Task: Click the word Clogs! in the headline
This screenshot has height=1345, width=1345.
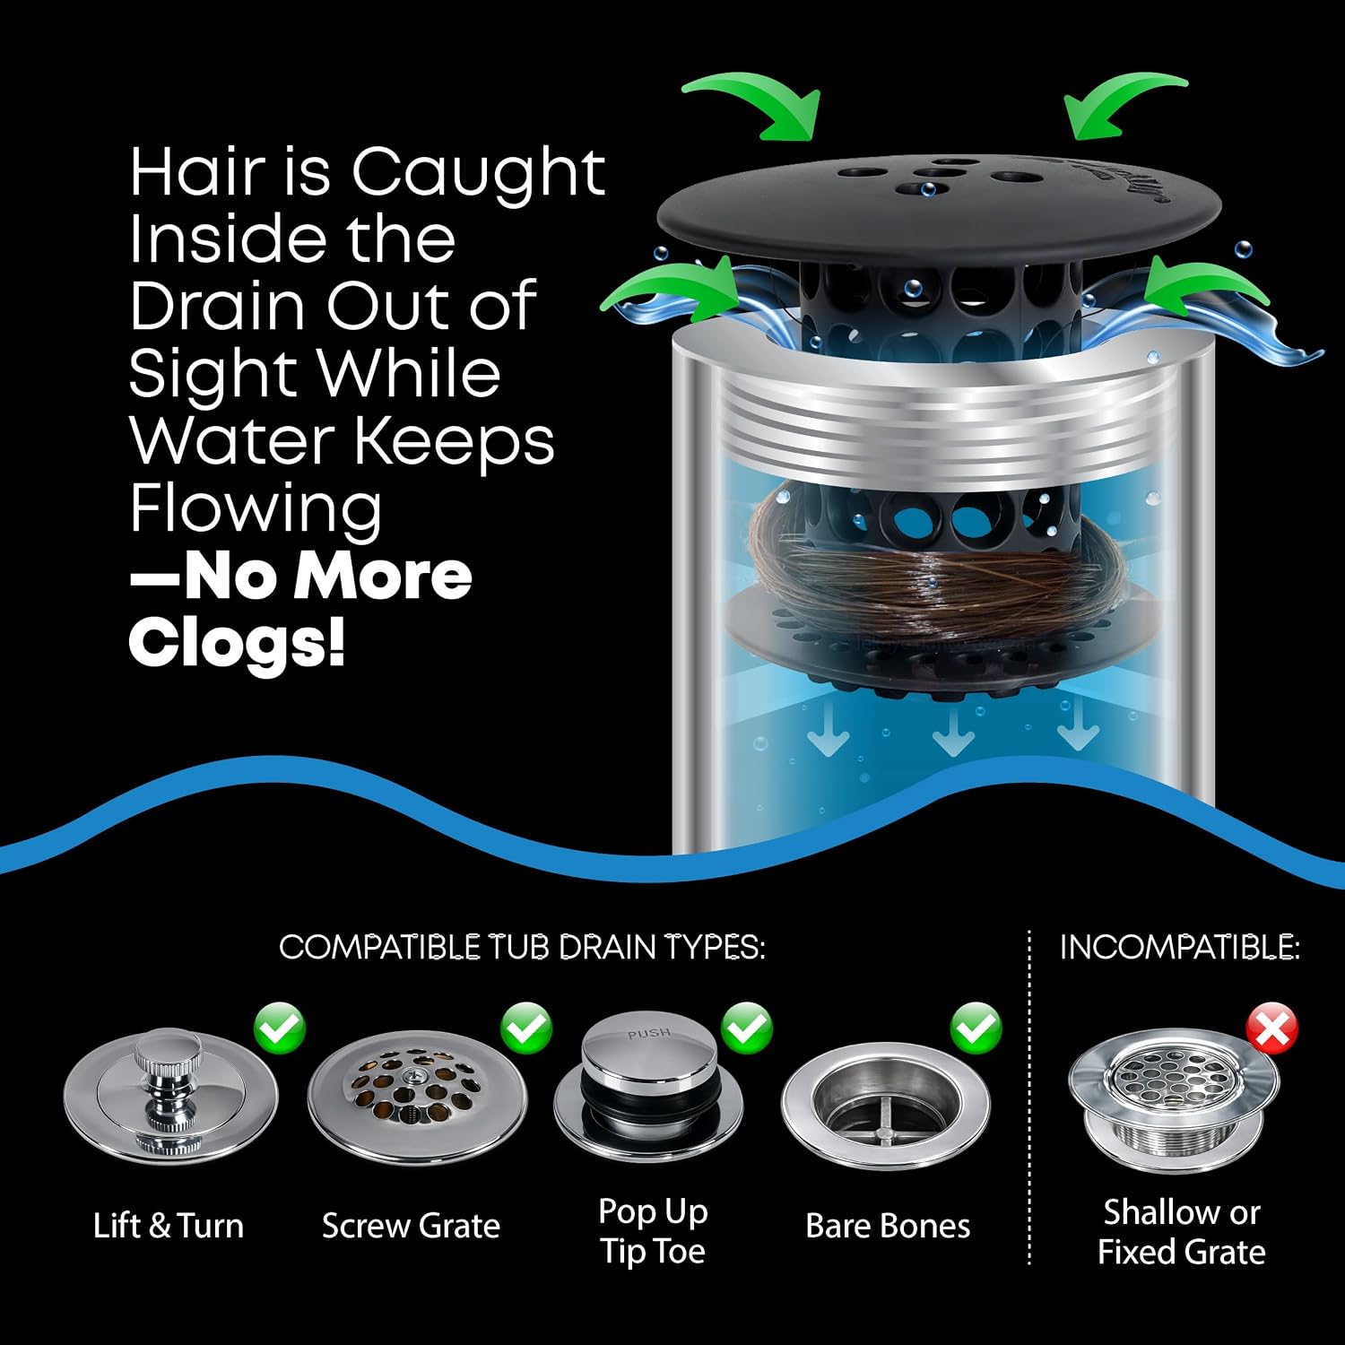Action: (x=237, y=642)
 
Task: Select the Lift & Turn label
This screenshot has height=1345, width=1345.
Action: (x=169, y=1226)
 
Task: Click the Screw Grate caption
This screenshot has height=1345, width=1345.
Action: (x=411, y=1226)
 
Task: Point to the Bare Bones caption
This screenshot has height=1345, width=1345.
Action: (x=888, y=1226)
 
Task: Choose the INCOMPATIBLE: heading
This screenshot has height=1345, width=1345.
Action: (x=1180, y=947)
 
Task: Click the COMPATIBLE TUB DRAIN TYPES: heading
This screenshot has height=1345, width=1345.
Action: (x=522, y=947)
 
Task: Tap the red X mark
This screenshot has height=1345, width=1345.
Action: (x=1272, y=1028)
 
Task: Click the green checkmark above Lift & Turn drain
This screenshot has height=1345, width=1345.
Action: (x=279, y=1028)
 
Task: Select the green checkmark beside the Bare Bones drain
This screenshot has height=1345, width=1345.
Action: (x=976, y=1028)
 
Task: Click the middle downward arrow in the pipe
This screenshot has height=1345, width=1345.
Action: (x=953, y=731)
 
